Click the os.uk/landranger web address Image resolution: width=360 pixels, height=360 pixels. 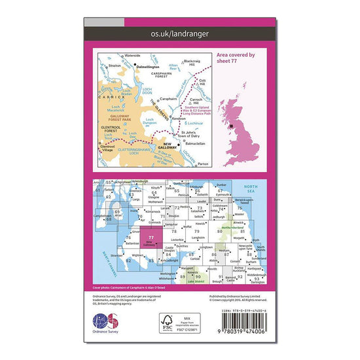(x=179, y=33)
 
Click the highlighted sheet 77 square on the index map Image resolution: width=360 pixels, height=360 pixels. (x=153, y=239)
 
